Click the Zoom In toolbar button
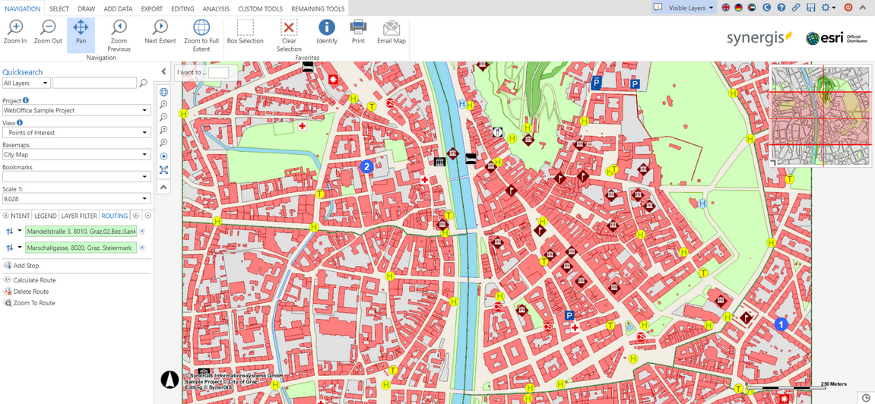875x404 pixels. [15, 31]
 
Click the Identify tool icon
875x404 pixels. [327, 31]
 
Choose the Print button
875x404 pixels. [358, 31]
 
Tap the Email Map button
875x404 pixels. [391, 31]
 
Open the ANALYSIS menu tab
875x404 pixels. [216, 9]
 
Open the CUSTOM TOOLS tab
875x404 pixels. [260, 9]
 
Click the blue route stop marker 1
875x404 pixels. [780, 324]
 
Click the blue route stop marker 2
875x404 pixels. [366, 166]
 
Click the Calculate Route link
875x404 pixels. [34, 280]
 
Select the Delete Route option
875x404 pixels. [30, 292]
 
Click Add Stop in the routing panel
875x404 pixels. [26, 266]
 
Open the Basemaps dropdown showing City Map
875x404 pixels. [76, 155]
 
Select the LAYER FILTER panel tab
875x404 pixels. [79, 216]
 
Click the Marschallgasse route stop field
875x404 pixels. [81, 248]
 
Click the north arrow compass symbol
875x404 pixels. [170, 379]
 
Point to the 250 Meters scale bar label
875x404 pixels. [833, 384]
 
